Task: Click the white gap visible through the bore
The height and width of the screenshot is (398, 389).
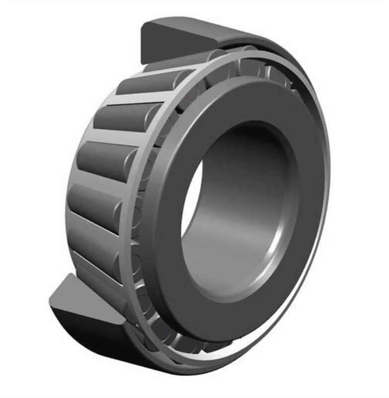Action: coord(192,199)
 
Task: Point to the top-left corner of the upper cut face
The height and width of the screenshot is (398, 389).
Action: coord(144,25)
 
